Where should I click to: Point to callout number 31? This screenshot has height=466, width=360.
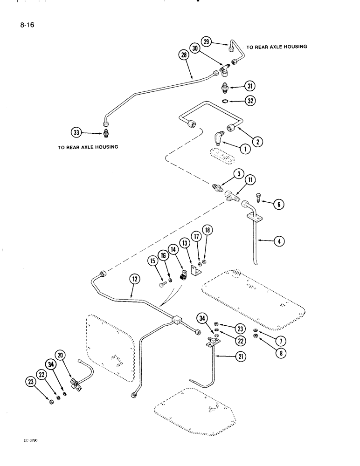[250, 86]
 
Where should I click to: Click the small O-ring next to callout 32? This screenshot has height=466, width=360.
[225, 100]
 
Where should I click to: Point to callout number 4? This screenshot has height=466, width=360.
[280, 242]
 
